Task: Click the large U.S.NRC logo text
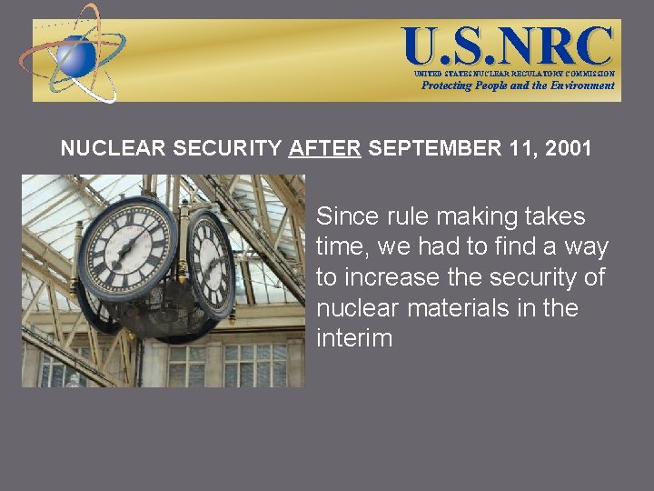[x=509, y=45]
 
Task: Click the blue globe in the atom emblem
[x=76, y=56]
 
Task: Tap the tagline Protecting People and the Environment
[x=518, y=85]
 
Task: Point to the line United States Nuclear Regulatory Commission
[x=514, y=73]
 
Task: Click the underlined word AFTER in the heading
[x=325, y=148]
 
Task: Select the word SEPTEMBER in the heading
[x=431, y=148]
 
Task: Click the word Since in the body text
[x=340, y=217]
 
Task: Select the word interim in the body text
[x=354, y=338]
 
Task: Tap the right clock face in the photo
[x=212, y=261]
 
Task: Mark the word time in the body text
[x=340, y=247]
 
